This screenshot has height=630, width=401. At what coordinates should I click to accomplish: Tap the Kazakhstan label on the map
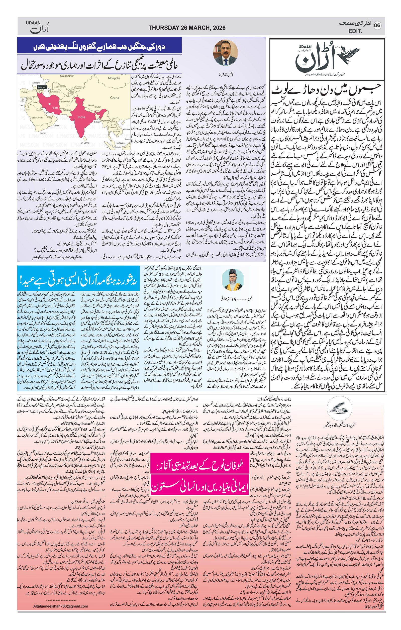click(x=67, y=76)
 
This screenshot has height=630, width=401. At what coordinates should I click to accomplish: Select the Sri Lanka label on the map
click(x=85, y=143)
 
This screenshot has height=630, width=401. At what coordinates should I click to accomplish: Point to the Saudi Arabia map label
click(x=38, y=118)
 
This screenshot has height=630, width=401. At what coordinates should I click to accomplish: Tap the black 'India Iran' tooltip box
click(x=42, y=87)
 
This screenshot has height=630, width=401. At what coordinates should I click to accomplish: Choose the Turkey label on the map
click(x=25, y=92)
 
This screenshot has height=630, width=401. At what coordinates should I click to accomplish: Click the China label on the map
click(x=115, y=97)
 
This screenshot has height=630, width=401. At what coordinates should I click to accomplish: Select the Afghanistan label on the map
click(x=64, y=102)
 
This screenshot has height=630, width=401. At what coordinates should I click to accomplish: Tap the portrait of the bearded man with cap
click(x=233, y=280)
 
